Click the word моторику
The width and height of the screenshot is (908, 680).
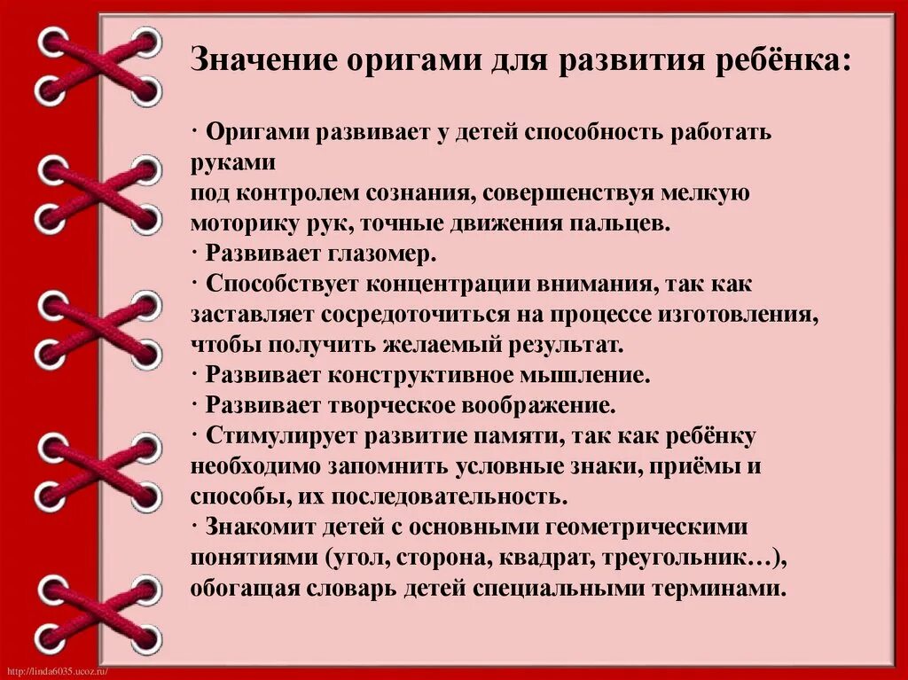[x=237, y=223]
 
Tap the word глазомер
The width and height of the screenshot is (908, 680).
[x=382, y=254]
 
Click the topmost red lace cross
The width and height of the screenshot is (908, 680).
[x=98, y=65]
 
